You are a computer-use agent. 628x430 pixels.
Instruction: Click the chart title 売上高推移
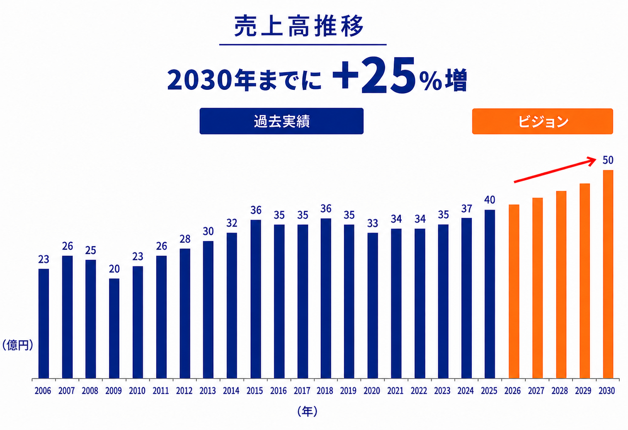(299, 26)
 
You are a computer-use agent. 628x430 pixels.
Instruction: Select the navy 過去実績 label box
(281, 121)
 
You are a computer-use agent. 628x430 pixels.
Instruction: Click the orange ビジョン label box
(543, 121)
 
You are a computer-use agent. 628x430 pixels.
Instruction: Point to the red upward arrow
(555, 170)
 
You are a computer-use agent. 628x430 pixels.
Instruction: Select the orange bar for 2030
(608, 274)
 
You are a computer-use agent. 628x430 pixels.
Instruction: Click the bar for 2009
(114, 329)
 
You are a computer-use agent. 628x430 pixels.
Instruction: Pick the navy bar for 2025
(490, 294)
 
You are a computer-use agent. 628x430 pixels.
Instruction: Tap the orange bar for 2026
(514, 292)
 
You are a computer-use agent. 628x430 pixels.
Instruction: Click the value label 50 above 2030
(608, 160)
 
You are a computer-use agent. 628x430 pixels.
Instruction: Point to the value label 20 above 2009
(114, 269)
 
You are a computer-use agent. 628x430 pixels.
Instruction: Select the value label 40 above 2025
(490, 200)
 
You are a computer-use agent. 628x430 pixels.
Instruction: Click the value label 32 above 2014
(232, 223)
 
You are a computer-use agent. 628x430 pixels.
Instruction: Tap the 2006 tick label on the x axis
(43, 391)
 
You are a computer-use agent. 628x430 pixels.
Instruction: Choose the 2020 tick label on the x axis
(372, 391)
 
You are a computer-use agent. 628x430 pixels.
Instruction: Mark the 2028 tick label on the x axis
(560, 391)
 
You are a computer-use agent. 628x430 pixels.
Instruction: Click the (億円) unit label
(18, 345)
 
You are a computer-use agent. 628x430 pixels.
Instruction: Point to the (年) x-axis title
(307, 411)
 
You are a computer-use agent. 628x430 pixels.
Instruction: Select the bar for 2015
(256, 299)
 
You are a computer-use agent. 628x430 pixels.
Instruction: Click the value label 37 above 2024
(466, 208)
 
